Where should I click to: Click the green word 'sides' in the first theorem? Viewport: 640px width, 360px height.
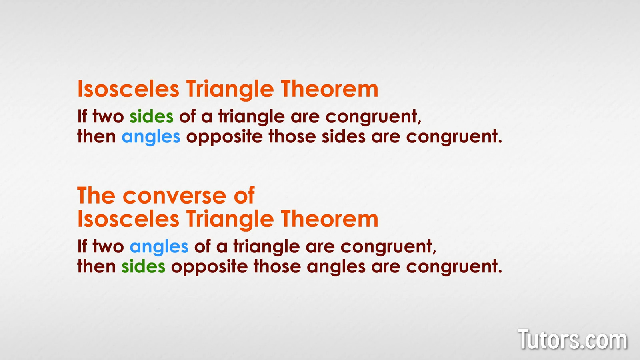(x=152, y=116)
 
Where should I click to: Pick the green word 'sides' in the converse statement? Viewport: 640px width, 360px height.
(x=144, y=266)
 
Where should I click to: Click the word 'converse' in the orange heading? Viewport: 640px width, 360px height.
(x=174, y=196)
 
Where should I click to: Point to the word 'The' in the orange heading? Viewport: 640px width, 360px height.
(x=96, y=195)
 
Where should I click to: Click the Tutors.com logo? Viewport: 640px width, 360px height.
(x=572, y=339)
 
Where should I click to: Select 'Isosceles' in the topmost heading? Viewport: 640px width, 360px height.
(x=128, y=89)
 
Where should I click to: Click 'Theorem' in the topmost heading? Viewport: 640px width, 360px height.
(x=330, y=89)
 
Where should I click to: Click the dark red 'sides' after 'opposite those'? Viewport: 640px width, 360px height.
(x=344, y=136)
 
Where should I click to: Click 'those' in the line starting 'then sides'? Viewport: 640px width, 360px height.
(x=277, y=266)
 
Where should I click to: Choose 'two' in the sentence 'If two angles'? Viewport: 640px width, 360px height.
(x=108, y=246)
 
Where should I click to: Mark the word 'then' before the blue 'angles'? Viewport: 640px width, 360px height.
(x=96, y=136)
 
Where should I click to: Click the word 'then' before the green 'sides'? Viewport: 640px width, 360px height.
(x=96, y=266)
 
